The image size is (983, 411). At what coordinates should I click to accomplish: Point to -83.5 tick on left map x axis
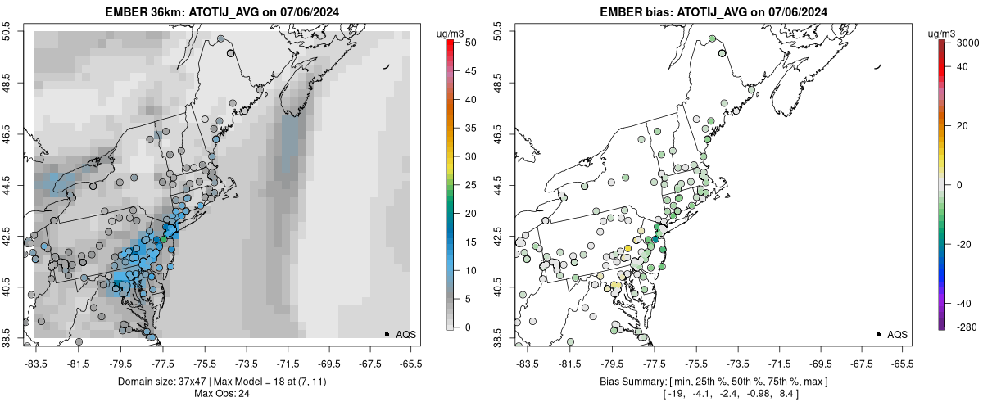[x=36, y=364]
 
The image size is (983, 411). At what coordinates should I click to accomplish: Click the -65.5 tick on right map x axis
[x=901, y=364]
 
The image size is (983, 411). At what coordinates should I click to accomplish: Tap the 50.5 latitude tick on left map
[x=10, y=32]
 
